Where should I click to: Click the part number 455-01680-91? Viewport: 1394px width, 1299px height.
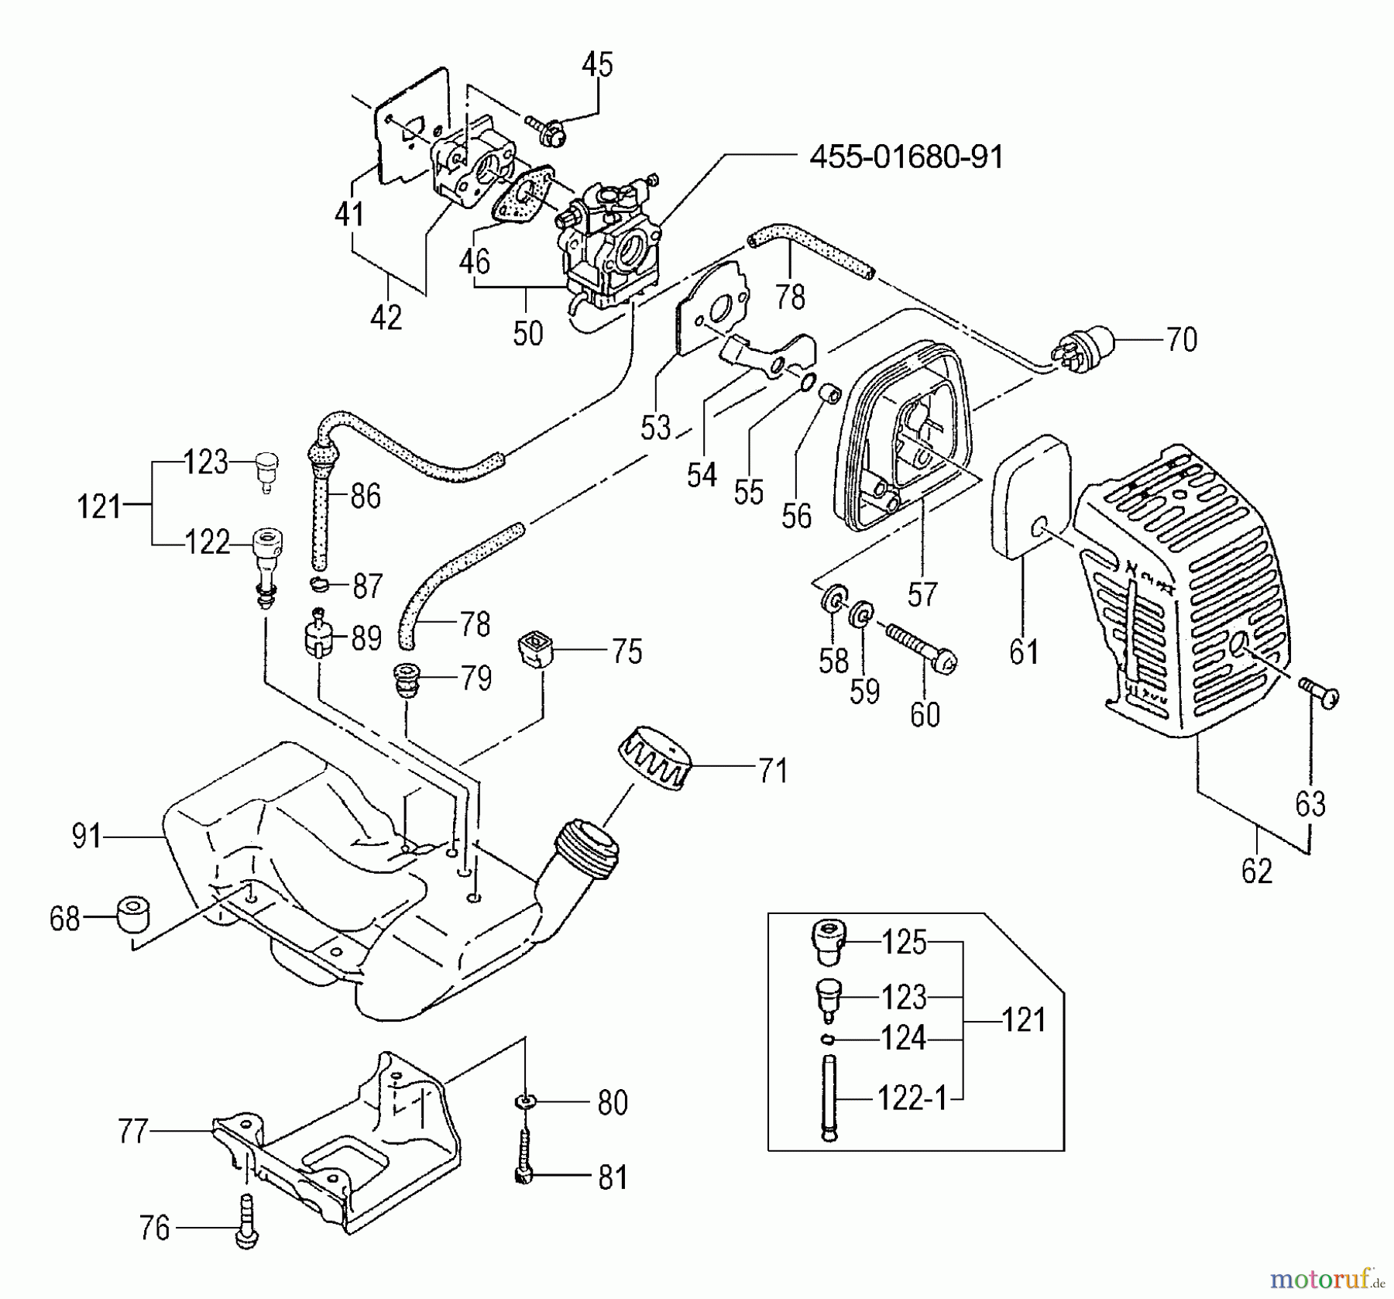(x=906, y=158)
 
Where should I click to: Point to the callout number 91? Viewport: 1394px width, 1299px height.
(x=87, y=837)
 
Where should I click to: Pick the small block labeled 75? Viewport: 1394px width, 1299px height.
(x=534, y=649)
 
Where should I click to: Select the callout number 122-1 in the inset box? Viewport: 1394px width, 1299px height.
(x=912, y=1098)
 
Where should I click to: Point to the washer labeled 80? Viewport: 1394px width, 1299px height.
(x=525, y=1101)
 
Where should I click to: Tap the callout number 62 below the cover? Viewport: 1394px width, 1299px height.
(x=1256, y=871)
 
